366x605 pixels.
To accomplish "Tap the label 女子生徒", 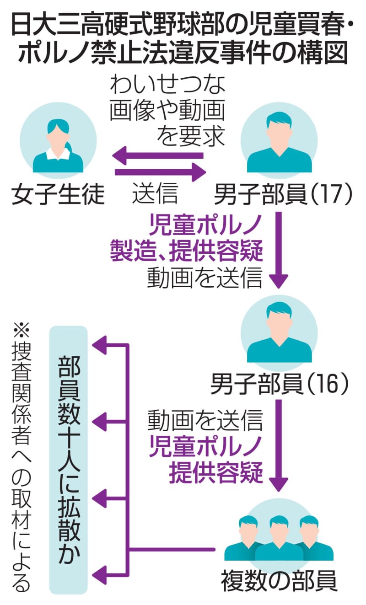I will pos(58,194).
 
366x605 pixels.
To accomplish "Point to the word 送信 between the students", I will pos(155,194).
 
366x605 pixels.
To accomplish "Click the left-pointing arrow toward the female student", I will pos(158,155).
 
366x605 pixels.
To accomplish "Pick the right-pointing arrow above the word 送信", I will pos(160,172).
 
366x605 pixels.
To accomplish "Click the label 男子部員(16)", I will pos(280,385).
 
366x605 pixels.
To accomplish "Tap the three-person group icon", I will pos(279,538).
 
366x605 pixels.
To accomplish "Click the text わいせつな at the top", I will pos(168,86).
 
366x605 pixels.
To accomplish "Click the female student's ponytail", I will pos(69,147).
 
